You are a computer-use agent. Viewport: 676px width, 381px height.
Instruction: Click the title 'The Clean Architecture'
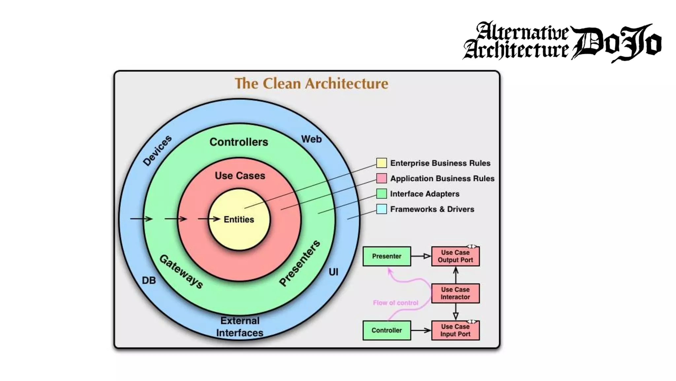point(311,83)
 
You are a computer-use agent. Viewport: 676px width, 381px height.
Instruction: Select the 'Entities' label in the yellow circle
point(239,220)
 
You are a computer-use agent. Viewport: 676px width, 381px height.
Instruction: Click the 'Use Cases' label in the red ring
point(240,176)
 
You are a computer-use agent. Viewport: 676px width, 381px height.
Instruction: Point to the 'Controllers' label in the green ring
point(239,142)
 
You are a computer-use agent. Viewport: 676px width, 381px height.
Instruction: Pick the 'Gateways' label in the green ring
point(181,272)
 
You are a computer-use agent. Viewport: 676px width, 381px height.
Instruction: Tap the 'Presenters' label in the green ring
point(299,263)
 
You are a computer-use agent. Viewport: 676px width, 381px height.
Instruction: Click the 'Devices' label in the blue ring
point(157,150)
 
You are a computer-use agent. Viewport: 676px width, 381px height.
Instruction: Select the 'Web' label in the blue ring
point(311,139)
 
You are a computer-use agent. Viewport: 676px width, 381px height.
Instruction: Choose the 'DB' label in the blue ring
point(149,280)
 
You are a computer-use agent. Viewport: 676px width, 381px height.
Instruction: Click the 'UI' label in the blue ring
point(333,272)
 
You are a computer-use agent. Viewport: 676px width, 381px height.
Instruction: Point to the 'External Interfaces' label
point(240,327)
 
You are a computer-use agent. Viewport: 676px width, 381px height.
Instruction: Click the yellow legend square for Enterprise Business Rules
point(382,163)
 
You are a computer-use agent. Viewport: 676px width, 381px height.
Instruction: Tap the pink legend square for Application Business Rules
point(382,178)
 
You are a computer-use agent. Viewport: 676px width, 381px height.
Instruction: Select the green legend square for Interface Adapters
point(382,194)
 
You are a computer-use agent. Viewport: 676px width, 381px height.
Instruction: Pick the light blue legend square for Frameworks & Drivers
point(382,209)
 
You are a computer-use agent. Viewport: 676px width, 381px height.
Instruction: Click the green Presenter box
point(387,256)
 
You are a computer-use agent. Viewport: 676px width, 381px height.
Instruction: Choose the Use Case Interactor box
point(455,293)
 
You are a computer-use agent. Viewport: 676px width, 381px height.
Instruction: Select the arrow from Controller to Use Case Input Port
point(421,330)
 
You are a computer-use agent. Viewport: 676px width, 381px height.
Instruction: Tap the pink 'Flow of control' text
point(395,303)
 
